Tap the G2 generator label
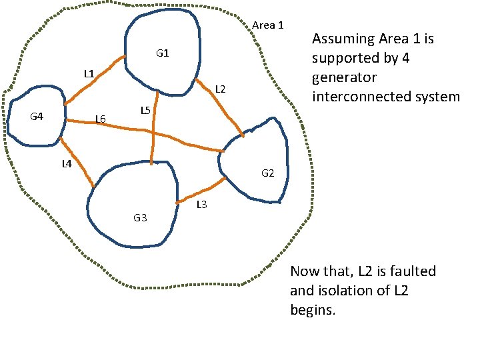[x=267, y=173]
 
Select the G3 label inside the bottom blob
[x=140, y=217]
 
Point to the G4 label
[x=37, y=117]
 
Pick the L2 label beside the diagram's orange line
[x=221, y=89]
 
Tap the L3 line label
[x=201, y=205]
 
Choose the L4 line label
[x=67, y=163]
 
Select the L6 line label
[x=100, y=119]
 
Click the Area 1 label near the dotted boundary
[x=268, y=25]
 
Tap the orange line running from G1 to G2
[x=219, y=108]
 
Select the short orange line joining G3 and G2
[x=201, y=191]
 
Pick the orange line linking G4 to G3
[x=77, y=163]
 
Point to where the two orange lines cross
[x=153, y=133]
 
